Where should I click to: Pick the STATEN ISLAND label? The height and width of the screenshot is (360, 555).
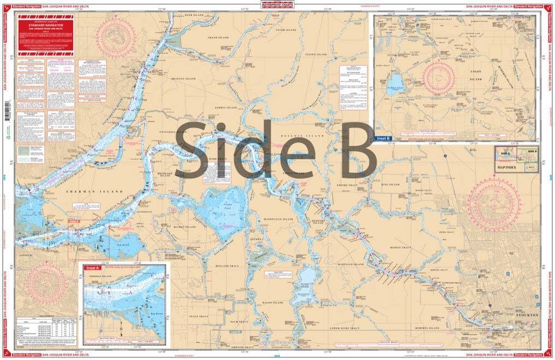(316, 55)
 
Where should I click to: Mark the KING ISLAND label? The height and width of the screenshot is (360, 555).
(391, 184)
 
